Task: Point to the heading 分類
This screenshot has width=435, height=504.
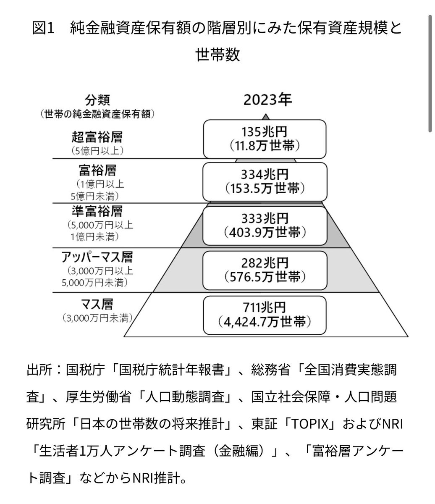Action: click(97, 101)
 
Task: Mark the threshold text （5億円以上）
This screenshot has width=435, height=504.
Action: click(97, 150)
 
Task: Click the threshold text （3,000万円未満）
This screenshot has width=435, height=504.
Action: click(97, 318)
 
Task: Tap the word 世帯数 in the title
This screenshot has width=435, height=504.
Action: click(217, 55)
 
